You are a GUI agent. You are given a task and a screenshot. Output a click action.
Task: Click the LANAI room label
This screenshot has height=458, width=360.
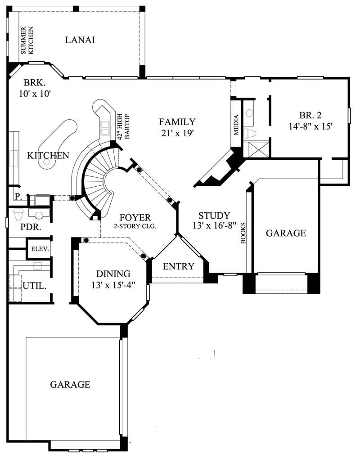point(80,40)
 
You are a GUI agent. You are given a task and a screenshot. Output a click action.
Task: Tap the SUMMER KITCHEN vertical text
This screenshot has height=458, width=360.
point(28,40)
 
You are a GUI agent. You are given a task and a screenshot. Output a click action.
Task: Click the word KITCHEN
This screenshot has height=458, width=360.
point(48,156)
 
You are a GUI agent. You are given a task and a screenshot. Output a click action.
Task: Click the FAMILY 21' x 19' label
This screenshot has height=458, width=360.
point(177,127)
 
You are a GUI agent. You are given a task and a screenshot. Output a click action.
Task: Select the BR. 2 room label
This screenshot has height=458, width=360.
point(310,120)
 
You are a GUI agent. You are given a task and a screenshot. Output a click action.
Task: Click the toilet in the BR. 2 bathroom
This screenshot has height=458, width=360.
point(250,133)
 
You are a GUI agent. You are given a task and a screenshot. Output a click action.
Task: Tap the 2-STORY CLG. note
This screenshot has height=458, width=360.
point(135,226)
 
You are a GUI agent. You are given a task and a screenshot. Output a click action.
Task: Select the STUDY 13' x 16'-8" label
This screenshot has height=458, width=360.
point(214,220)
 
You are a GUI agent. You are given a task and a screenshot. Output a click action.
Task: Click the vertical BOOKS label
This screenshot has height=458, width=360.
point(243,233)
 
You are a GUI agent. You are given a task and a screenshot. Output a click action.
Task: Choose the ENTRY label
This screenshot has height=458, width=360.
point(178,266)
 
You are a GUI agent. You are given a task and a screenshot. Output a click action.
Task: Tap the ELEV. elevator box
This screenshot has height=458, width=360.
point(40,249)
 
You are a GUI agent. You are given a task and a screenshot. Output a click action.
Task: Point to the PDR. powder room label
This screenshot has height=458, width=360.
point(31,227)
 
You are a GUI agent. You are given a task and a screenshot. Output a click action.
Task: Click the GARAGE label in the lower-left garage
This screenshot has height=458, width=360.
point(70,385)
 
